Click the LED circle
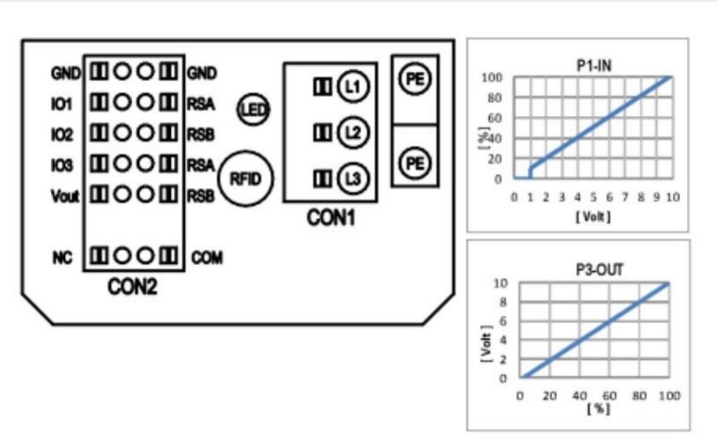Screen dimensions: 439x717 (255, 110)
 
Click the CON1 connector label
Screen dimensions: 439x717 (331, 218)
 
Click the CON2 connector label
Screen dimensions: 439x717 (132, 287)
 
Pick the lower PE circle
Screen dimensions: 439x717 (413, 164)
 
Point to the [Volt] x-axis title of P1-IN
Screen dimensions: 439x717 (593, 216)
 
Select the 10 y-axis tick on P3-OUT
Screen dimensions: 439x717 (501, 283)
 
